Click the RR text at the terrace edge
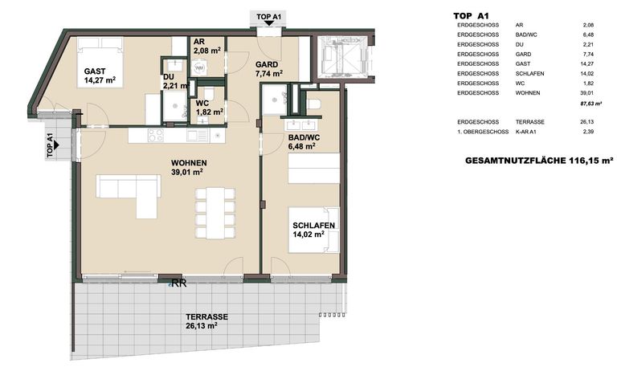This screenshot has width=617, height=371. (178, 283)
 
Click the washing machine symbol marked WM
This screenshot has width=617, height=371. (178, 68)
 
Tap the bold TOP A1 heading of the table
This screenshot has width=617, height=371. (472, 14)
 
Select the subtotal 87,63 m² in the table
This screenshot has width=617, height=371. (592, 104)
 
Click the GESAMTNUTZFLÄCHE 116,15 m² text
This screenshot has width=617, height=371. (539, 161)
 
